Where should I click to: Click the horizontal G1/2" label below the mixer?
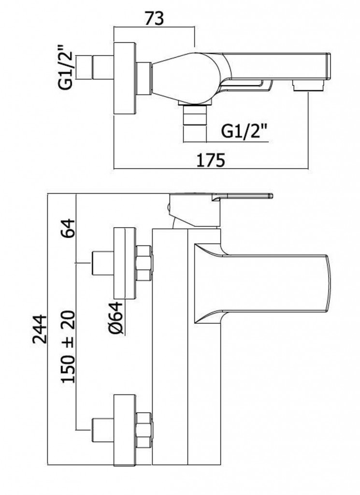point(245,131)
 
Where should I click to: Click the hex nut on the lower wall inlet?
point(144,429)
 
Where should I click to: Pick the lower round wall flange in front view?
point(125,429)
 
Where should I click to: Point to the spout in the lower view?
point(271,282)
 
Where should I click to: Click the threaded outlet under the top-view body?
point(196,121)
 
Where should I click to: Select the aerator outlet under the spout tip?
point(308,87)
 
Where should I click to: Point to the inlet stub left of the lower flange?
point(102,429)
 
